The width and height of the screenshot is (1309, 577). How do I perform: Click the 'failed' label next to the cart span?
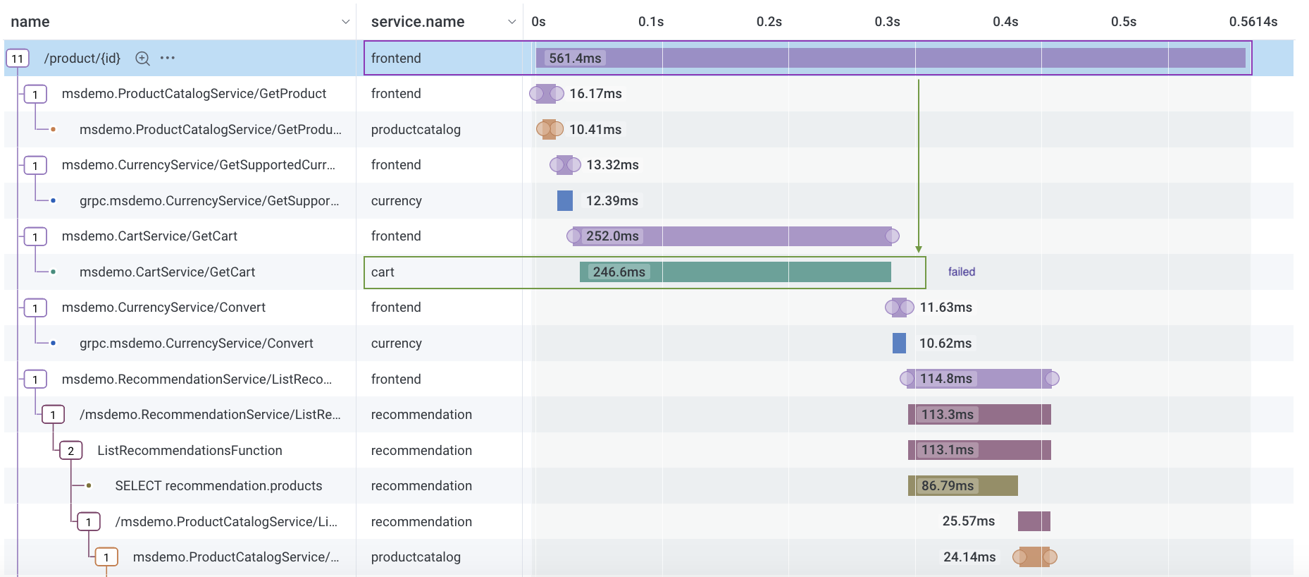click(961, 272)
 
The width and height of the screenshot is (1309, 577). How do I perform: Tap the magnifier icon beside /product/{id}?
click(142, 59)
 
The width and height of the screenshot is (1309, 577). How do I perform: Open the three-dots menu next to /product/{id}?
click(167, 58)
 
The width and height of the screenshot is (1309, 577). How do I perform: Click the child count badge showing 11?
click(17, 59)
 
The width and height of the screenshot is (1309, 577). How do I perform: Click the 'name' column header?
click(30, 22)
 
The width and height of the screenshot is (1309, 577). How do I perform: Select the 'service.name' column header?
click(417, 22)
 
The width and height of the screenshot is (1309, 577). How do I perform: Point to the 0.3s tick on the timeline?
click(887, 22)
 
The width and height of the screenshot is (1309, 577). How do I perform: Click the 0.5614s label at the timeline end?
click(1253, 22)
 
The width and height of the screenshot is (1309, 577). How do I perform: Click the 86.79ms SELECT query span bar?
click(962, 485)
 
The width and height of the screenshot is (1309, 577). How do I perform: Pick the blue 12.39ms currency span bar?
click(564, 200)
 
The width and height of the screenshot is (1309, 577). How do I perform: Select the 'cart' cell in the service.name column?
click(383, 272)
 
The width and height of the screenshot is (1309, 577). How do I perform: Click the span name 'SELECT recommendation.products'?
click(218, 485)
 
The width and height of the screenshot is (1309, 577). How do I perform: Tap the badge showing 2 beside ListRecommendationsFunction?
click(70, 450)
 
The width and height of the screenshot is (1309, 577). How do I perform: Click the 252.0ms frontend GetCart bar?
click(733, 236)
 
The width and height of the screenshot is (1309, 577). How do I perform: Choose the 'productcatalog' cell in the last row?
click(416, 557)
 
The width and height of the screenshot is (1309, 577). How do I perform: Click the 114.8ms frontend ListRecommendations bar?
click(979, 379)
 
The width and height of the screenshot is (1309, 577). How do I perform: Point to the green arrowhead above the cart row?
click(918, 249)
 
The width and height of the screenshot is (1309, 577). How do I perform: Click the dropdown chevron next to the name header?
click(345, 22)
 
